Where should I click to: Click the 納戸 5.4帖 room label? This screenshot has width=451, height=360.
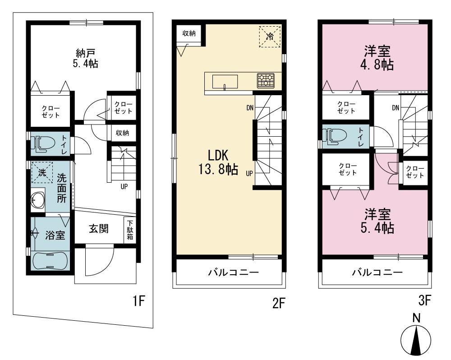85,58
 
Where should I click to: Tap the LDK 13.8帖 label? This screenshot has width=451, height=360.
218,162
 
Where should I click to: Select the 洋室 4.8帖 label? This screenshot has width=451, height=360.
377,58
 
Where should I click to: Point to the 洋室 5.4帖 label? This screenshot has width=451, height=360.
377,221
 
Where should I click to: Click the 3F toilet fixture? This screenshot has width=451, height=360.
334,136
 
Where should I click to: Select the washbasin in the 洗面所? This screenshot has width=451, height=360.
37,199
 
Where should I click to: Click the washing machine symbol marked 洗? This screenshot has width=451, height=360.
42,172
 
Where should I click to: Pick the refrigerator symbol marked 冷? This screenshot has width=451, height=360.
270,36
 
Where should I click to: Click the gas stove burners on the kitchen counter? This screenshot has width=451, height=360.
266,81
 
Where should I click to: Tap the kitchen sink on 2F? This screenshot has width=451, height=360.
225,82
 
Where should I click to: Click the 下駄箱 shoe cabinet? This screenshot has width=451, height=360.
130,230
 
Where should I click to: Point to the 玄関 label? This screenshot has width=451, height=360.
99,229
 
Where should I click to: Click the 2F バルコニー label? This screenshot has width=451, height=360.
234,272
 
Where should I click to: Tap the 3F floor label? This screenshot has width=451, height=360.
424,301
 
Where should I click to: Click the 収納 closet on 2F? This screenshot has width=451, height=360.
189,33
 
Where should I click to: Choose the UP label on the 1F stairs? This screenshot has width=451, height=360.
124,186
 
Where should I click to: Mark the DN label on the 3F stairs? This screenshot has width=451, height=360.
396,108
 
